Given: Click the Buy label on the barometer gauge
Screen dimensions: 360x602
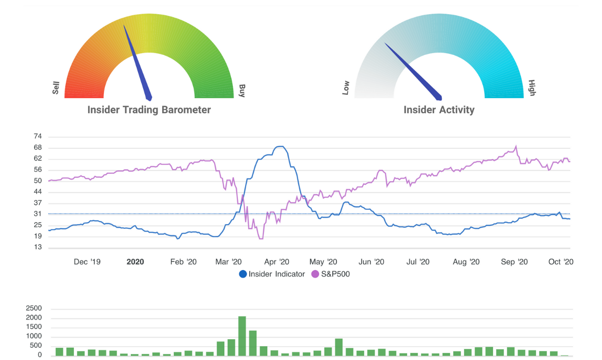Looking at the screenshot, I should click(242, 90).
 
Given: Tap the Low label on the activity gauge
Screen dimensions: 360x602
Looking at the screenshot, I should click(346, 88).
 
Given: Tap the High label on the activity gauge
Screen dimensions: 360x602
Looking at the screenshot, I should click(532, 88).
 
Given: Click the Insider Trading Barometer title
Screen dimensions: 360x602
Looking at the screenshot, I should click(149, 110).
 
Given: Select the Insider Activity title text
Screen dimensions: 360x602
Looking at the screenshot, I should click(439, 110).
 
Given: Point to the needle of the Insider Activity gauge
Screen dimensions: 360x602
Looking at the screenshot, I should click(412, 71).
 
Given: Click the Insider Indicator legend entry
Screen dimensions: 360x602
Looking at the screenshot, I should click(272, 274).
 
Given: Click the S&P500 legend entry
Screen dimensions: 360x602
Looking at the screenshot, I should click(330, 274).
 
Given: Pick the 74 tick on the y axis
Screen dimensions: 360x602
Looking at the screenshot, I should click(38, 136).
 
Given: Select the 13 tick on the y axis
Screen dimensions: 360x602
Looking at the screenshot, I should click(38, 247).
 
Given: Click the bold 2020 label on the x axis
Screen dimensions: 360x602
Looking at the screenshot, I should click(135, 262).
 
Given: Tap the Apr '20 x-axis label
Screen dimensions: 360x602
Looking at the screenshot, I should click(277, 262).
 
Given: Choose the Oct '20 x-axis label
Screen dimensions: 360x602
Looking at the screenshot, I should click(561, 262).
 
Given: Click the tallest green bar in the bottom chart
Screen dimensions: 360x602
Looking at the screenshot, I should click(242, 336).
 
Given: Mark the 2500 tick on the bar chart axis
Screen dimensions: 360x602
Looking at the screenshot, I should click(33, 308).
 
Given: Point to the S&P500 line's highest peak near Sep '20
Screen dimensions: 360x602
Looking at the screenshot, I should click(516, 146).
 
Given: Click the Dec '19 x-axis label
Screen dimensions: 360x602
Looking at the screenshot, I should click(87, 262).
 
